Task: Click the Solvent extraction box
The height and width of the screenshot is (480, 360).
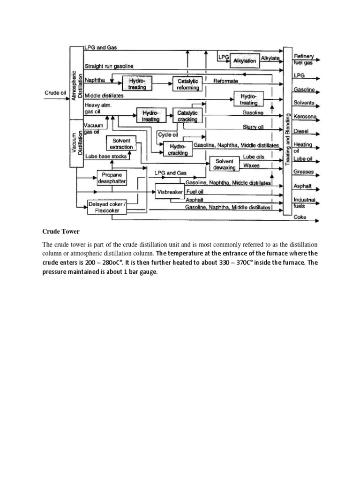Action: coord(121,143)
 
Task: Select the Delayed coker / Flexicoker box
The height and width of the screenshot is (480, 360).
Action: coord(107,207)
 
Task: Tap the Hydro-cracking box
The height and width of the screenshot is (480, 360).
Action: coord(178,149)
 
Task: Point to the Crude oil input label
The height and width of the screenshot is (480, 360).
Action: coord(55,93)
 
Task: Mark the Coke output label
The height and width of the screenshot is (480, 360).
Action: coord(300,217)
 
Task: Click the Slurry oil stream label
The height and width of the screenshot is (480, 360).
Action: coord(253,127)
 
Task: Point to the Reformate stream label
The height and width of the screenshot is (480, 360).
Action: coord(225,81)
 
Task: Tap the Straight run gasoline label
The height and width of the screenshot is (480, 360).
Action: coord(109,65)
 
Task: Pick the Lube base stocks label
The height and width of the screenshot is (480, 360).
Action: coord(105,157)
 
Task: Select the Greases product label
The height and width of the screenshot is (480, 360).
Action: coord(303,172)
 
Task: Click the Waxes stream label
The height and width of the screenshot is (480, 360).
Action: coord(251,165)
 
